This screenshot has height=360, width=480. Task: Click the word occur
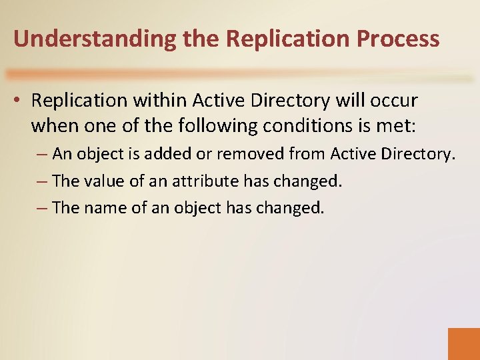coord(393,101)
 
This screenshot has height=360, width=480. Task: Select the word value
coord(107,181)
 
